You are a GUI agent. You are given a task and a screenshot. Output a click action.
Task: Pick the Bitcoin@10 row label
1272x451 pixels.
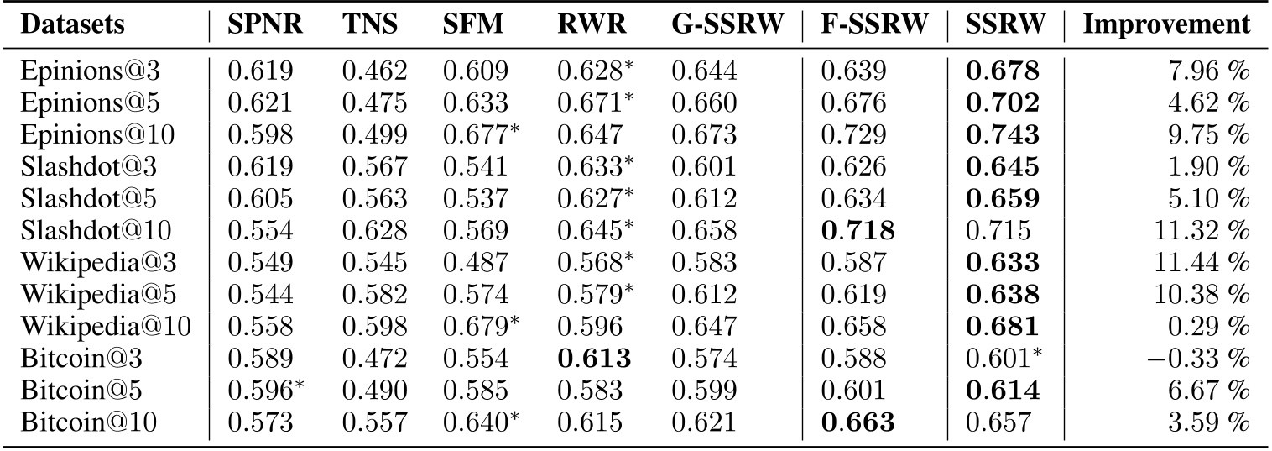(x=70, y=417)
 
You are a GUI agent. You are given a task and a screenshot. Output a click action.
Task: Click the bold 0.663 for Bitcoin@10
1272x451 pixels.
(x=858, y=417)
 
